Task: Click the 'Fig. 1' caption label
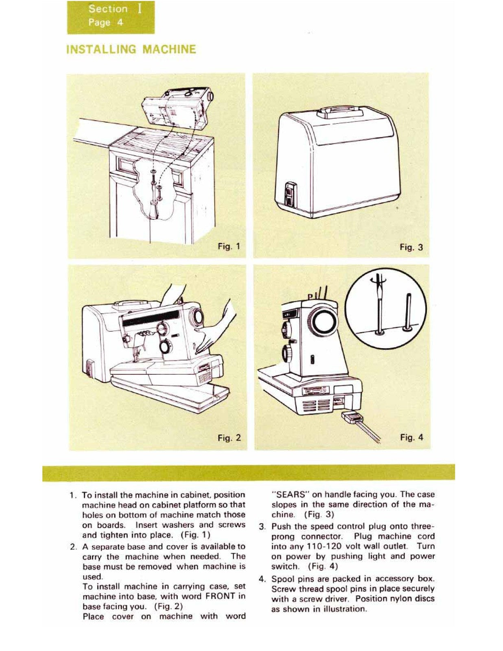point(229,246)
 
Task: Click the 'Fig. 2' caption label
point(229,438)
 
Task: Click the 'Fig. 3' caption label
point(411,247)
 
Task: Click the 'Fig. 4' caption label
point(411,437)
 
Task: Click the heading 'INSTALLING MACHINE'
point(131,50)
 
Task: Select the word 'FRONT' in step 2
point(220,596)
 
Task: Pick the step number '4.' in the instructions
point(262,579)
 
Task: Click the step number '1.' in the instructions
point(73,496)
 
